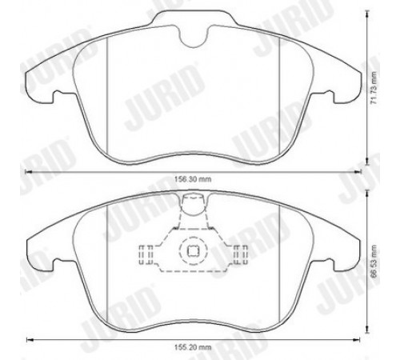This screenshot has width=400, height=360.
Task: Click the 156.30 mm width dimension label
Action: click(x=193, y=179)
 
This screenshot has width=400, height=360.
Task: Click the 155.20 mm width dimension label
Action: click(x=193, y=347)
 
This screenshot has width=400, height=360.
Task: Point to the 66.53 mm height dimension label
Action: click(x=375, y=262)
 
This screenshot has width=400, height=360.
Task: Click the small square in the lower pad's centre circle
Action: click(x=193, y=250)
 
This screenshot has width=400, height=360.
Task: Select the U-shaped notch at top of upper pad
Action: click(x=194, y=37)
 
